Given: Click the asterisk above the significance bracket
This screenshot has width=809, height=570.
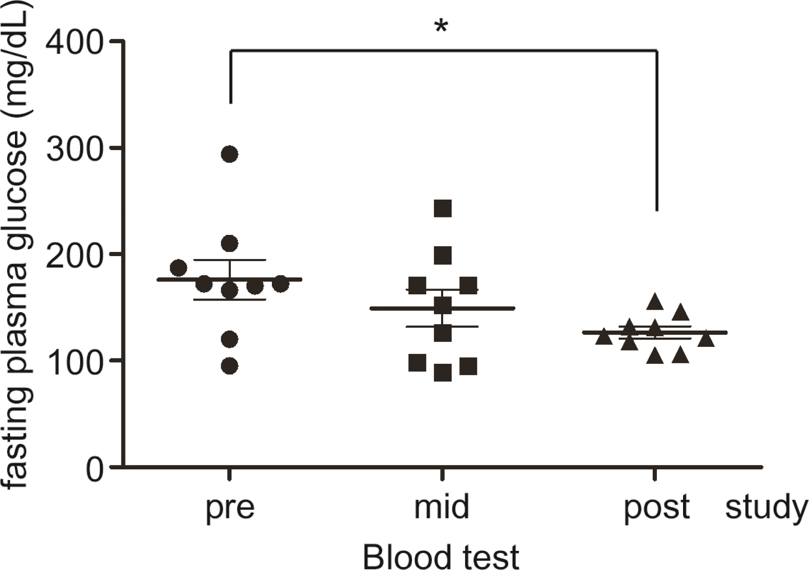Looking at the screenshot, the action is pyautogui.click(x=441, y=27).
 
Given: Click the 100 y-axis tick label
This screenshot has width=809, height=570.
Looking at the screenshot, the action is pyautogui.click(x=74, y=361).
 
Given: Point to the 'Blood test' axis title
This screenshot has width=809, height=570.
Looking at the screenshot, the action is pyautogui.click(x=441, y=556).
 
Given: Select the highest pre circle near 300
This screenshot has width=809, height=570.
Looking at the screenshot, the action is pyautogui.click(x=229, y=154).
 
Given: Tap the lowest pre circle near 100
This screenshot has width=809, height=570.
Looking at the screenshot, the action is pyautogui.click(x=229, y=366).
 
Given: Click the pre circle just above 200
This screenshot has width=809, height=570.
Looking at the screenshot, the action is pyautogui.click(x=229, y=243).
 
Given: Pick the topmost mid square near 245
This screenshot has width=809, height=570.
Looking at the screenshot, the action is pyautogui.click(x=443, y=208).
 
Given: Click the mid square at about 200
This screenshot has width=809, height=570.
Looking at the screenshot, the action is pyautogui.click(x=443, y=255).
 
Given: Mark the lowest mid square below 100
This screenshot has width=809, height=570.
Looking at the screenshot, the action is pyautogui.click(x=443, y=373).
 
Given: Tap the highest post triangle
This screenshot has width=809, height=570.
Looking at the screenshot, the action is pyautogui.click(x=655, y=302).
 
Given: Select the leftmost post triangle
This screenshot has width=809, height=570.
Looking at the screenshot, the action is pyautogui.click(x=604, y=337).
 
